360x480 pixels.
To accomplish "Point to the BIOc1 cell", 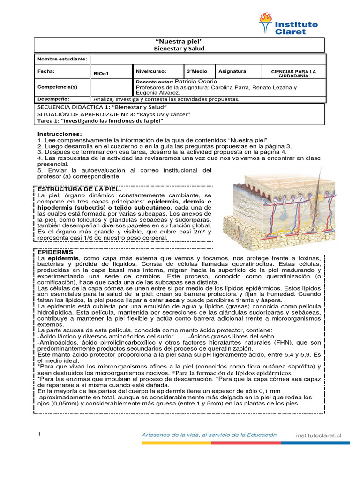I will point(101,74).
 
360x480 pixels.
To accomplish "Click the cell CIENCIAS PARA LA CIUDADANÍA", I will point(293,73).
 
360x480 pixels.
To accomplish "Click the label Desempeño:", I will point(53,99).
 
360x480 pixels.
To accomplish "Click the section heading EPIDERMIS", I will point(53,252).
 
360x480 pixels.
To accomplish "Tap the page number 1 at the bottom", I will point(39,435).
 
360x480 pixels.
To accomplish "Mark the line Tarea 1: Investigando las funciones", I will point(100,121).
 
